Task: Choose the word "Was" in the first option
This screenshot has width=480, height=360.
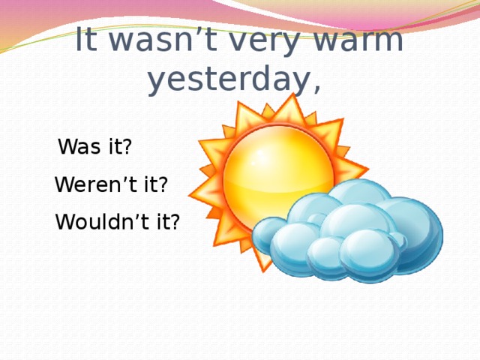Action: [x=81, y=147]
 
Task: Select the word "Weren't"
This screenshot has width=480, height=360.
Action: [x=96, y=184]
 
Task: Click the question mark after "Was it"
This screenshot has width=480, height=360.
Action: [x=128, y=147]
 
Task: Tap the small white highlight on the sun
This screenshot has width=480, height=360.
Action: [x=256, y=160]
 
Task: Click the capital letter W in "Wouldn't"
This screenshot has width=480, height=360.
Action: [x=64, y=223]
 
